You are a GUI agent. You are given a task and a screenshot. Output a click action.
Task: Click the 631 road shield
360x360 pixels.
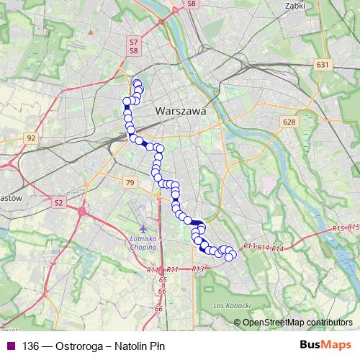(x=322, y=66)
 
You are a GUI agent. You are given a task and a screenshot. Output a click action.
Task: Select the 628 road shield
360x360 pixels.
(x=289, y=122)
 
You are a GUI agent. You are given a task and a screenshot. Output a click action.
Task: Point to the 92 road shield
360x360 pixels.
(x=30, y=137)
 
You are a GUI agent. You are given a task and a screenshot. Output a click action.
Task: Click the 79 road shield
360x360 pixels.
(x=129, y=183)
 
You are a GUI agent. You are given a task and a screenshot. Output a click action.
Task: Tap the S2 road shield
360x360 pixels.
(x=58, y=203)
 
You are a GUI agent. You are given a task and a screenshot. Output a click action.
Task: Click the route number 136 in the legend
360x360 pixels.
(x=31, y=346)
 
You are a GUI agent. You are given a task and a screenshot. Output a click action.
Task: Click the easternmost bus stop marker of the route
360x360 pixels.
(x=232, y=253)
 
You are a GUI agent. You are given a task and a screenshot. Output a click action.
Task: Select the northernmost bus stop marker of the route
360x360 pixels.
(x=137, y=84)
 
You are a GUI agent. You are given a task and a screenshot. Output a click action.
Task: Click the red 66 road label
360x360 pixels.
(x=159, y=308)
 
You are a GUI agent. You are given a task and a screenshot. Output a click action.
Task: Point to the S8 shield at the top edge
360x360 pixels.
(x=191, y=4)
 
